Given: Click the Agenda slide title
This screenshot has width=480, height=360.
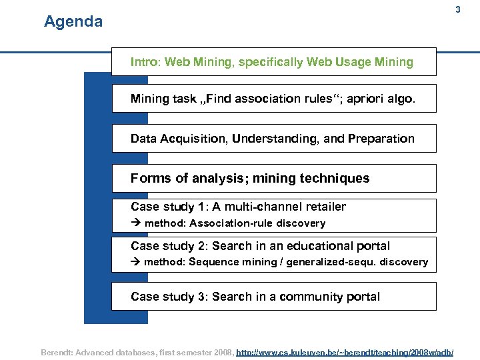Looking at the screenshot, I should tap(73, 22).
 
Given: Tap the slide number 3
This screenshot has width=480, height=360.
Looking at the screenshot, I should tap(457, 10).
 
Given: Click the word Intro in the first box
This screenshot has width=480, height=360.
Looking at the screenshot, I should tap(144, 62).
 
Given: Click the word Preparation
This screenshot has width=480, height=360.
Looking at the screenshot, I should tap(383, 139).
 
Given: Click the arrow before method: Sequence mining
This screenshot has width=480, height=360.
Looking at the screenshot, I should tap(136, 262).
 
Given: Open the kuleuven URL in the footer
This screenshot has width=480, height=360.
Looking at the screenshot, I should tap(345, 351).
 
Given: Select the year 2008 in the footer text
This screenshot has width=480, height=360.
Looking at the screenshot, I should tap(221, 351).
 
